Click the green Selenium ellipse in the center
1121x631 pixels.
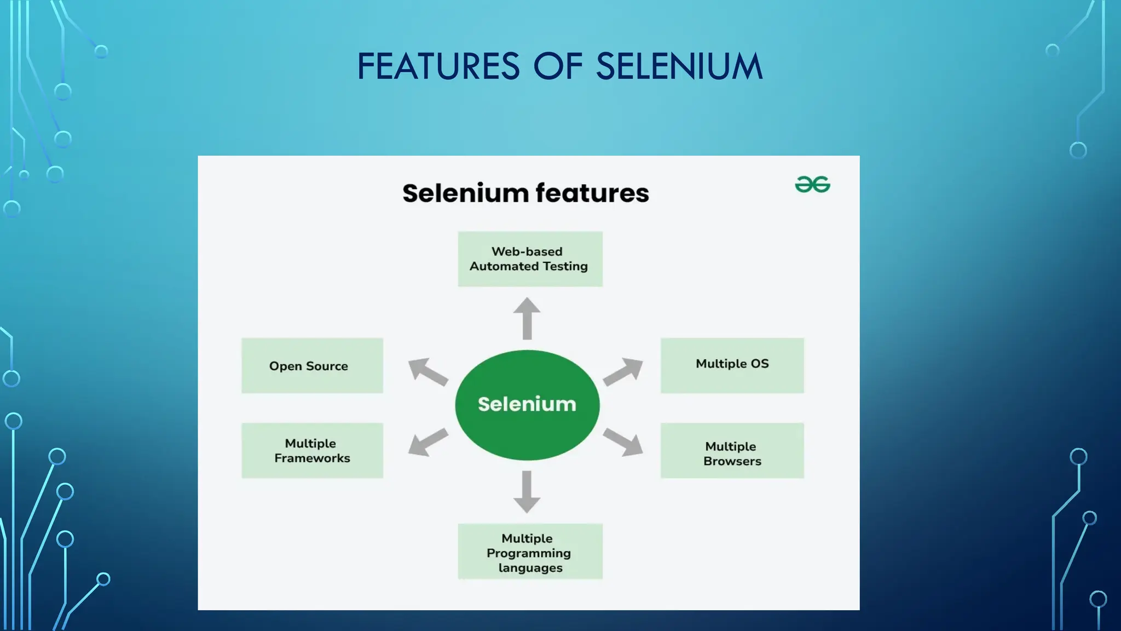coord(527,405)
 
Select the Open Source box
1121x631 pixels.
coord(312,365)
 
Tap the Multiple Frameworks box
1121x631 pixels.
coord(312,450)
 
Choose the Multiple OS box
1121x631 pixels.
coord(732,365)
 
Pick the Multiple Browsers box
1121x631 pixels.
coord(732,450)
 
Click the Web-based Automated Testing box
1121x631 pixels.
coord(530,259)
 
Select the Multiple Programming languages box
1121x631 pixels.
coord(530,551)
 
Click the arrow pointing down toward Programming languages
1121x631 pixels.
coord(527,491)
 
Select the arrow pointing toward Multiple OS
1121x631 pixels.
coord(623,371)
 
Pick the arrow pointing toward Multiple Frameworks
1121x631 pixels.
coord(427,441)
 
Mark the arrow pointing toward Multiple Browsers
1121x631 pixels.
coord(623,441)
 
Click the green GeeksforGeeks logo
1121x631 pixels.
coord(812,185)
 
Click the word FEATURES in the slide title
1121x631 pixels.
coord(438,67)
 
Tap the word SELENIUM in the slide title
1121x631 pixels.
coord(679,67)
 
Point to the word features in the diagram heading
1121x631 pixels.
coord(592,193)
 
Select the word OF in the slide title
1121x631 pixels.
coord(558,67)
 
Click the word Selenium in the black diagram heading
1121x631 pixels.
coord(465,193)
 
